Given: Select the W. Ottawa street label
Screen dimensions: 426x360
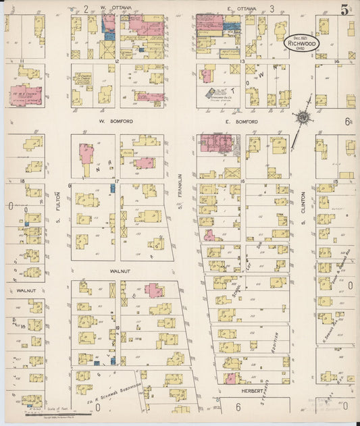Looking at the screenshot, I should pyautogui.click(x=115, y=8).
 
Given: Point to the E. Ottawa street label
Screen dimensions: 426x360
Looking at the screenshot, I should pyautogui.click(x=239, y=8).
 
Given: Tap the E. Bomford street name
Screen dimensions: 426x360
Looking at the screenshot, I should pyautogui.click(x=242, y=122).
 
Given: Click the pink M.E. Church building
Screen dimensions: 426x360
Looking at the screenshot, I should pyautogui.click(x=25, y=95).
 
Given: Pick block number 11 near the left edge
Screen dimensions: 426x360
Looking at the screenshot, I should pyautogui.click(x=22, y=61).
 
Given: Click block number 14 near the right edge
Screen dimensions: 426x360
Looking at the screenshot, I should pyautogui.click(x=336, y=61).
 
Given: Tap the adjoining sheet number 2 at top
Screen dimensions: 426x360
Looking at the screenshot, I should pyautogui.click(x=86, y=8).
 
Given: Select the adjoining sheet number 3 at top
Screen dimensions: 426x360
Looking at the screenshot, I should pyautogui.click(x=272, y=8).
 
